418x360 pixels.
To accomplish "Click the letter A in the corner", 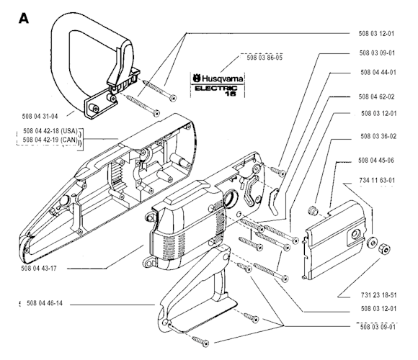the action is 24,19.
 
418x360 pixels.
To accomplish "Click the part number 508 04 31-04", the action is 40,117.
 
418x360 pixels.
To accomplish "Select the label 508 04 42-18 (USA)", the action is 50,131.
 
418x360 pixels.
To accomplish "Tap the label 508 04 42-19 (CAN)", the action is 50,140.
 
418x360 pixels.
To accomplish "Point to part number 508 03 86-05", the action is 264,58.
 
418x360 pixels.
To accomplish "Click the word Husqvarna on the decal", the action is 223,78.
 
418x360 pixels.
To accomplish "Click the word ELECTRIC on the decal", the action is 215,89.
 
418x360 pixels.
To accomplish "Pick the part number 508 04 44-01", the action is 378,72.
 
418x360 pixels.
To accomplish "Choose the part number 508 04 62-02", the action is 376,96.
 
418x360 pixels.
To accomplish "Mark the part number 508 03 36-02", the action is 378,136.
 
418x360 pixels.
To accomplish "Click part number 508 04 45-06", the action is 376,161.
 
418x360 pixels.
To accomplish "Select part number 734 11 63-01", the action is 377,180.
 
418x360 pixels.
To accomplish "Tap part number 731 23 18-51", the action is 379,295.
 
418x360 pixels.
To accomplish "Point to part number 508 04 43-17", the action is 39,268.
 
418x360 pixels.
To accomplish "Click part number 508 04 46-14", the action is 45,303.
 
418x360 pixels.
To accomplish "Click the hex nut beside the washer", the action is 384,248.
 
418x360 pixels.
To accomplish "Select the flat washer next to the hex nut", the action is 372,242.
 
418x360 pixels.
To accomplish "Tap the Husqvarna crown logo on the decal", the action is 197,78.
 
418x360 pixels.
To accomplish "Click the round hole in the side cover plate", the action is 355,235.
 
